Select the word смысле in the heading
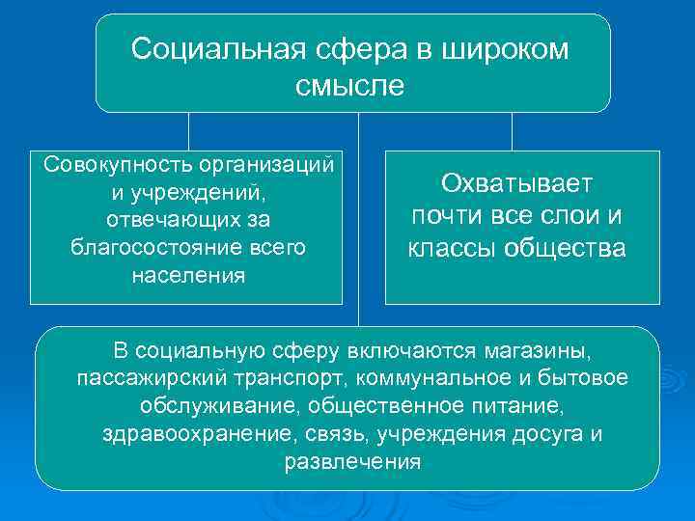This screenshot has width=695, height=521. (x=351, y=86)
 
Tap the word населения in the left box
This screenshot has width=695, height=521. (x=188, y=275)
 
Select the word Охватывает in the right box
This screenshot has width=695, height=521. (x=517, y=183)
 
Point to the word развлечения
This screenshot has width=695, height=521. (x=352, y=462)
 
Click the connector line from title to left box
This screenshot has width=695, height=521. (x=189, y=131)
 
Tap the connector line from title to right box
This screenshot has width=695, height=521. (x=512, y=131)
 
